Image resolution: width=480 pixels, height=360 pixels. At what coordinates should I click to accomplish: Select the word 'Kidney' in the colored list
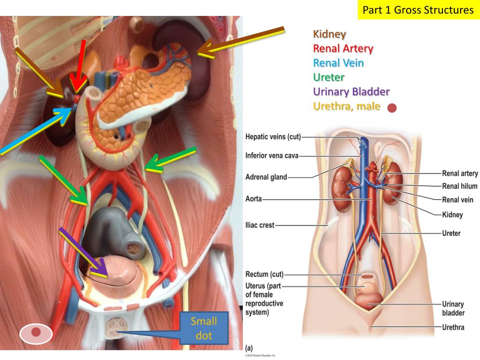pyautogui.click(x=330, y=34)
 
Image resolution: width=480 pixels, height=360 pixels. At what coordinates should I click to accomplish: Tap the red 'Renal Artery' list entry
pyautogui.click(x=343, y=48)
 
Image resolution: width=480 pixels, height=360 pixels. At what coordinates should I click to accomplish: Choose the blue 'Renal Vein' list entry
pyautogui.click(x=338, y=63)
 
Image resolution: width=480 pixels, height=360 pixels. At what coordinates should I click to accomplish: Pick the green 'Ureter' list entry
pyautogui.click(x=329, y=77)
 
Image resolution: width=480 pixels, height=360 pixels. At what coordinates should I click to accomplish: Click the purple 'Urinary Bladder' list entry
pyautogui.click(x=351, y=91)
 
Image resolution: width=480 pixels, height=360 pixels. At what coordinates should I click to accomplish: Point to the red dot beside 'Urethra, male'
pyautogui.click(x=392, y=108)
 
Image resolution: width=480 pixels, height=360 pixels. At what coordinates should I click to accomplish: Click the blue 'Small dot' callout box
pyautogui.click(x=204, y=328)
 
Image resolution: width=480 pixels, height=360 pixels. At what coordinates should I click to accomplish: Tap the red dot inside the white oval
pyautogui.click(x=36, y=333)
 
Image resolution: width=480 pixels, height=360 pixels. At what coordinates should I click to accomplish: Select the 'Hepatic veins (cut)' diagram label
pyautogui.click(x=273, y=137)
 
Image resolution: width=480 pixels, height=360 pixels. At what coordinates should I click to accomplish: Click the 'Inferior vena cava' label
pyautogui.click(x=272, y=156)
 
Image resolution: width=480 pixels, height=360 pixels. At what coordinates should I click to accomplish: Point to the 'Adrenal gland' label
pyautogui.click(x=266, y=177)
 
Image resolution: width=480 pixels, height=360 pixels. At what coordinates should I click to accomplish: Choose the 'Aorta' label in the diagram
pyautogui.click(x=253, y=199)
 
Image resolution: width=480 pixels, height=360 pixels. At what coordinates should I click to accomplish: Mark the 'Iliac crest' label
pyautogui.click(x=260, y=225)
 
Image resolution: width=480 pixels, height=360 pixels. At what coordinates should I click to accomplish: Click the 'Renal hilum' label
pyautogui.click(x=459, y=186)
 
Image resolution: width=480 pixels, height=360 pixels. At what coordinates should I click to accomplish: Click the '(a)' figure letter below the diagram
pyautogui.click(x=249, y=348)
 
